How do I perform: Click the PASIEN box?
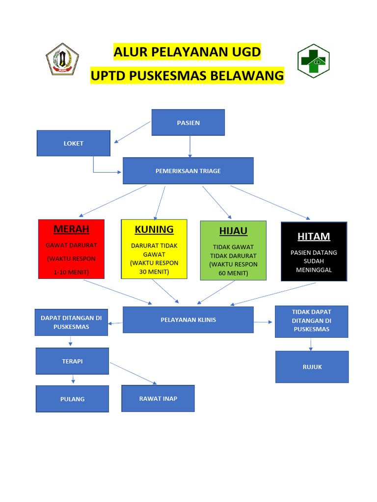coord(188,123)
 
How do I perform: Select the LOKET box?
coord(74,143)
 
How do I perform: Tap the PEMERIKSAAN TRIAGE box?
coord(188,171)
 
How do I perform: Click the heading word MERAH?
coord(71,229)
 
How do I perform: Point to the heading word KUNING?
coord(154,229)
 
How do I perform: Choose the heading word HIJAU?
coord(233,231)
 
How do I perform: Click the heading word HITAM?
coord(314,236)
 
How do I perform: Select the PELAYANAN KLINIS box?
coord(188,320)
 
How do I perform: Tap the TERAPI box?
coord(72,361)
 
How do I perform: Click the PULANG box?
coord(72,399)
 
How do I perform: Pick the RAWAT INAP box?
coord(158,398)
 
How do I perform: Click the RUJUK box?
coord(312,367)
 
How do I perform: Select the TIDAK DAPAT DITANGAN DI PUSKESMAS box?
coord(311,321)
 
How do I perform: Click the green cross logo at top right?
coord(313,61)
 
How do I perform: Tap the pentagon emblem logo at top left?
coord(63,59)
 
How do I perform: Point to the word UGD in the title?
coord(244,51)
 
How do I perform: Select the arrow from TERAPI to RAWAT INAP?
coord(133,373)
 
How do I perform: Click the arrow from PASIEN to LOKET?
coord(132,132)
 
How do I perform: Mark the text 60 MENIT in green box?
coord(233,273)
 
